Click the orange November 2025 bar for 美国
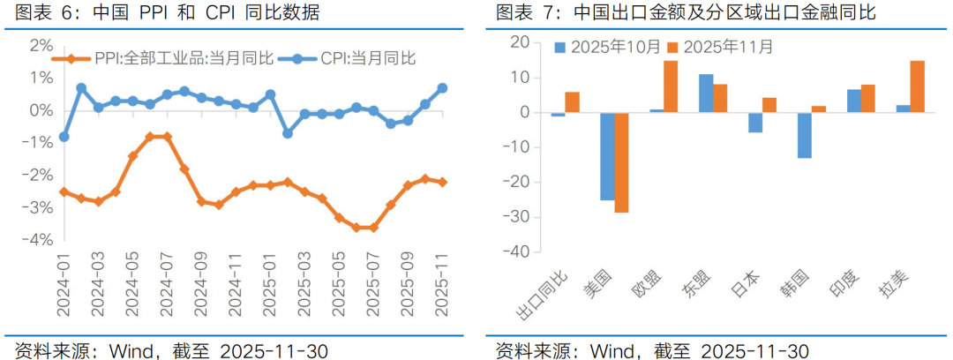(x=621, y=162)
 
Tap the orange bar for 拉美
(x=917, y=86)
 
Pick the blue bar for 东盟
(x=706, y=94)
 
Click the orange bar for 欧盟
(x=671, y=86)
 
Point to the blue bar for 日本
(x=754, y=123)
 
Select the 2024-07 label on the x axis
(x=167, y=287)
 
